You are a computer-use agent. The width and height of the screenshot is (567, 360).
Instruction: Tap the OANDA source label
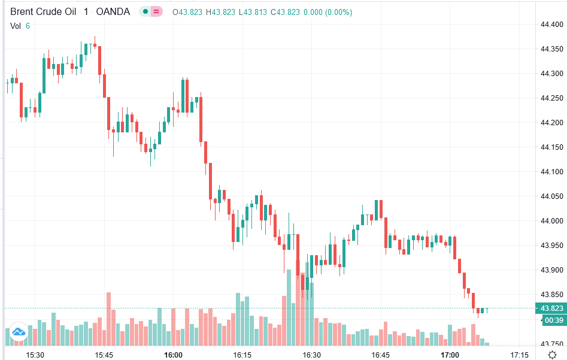(113, 12)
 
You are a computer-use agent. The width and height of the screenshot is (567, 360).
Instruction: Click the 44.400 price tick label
(551, 25)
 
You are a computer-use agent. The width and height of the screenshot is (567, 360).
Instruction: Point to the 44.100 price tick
(551, 172)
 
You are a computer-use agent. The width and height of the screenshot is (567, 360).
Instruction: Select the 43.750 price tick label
(551, 344)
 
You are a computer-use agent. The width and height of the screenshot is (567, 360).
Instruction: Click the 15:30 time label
(35, 355)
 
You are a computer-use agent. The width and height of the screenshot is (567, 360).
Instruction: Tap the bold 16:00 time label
(173, 355)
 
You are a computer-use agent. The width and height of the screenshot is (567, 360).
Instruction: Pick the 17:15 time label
(519, 355)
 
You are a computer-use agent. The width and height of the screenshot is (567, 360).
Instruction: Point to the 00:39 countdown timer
(553, 320)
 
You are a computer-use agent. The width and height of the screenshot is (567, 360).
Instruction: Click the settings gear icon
(552, 355)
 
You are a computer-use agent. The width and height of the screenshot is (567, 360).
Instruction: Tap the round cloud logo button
(18, 331)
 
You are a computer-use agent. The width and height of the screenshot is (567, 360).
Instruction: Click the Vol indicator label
(16, 26)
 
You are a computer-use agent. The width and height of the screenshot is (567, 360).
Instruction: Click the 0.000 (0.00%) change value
(328, 12)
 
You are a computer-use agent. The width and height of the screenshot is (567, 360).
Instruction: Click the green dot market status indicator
(145, 12)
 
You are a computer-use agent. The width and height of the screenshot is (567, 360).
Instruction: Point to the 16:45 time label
(380, 355)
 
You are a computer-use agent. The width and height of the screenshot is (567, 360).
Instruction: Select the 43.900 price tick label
(551, 270)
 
